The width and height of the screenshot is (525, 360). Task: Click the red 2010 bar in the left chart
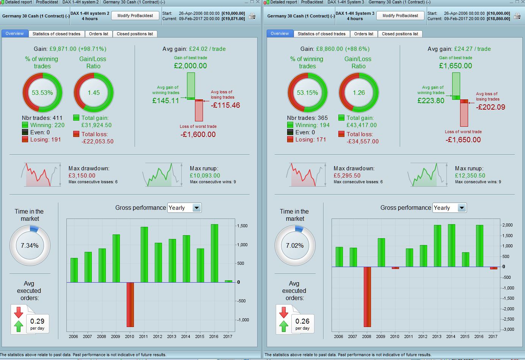[x=130, y=304]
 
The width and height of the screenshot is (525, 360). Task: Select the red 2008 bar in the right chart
[x=367, y=297]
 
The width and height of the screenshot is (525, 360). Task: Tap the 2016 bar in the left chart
[x=214, y=253]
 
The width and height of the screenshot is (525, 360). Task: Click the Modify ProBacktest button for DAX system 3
[x=400, y=16]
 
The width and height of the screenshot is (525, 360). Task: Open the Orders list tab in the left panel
[x=99, y=34]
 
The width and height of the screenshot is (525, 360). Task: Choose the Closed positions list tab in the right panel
[x=400, y=34]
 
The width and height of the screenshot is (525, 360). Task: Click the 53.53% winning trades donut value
[x=42, y=93]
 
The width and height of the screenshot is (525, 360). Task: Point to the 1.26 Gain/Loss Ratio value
[x=358, y=93]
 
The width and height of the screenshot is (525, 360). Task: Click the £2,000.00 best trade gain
[x=190, y=66]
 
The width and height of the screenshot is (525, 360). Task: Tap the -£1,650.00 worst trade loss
[x=463, y=140]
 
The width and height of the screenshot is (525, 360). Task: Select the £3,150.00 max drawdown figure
[x=82, y=176]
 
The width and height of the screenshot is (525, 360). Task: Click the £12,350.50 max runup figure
[x=470, y=176]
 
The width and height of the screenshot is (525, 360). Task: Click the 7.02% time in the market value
[x=295, y=245]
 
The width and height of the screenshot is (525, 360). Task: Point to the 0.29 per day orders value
[x=37, y=321]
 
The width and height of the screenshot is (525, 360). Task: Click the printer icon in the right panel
[x=517, y=16]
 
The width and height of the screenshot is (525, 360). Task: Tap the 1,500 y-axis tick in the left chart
[x=242, y=226]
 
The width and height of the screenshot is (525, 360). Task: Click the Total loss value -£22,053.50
[x=97, y=141]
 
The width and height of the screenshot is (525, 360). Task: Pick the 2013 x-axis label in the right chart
[x=437, y=336]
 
